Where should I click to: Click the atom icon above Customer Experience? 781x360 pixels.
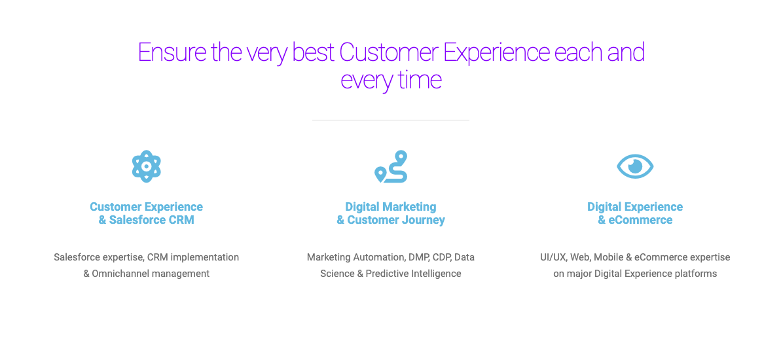click(147, 166)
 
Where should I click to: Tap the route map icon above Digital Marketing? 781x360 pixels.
click(391, 167)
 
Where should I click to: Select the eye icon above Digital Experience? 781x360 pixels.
click(635, 166)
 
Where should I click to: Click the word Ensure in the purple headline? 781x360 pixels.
click(170, 53)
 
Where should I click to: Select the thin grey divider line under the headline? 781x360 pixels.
click(390, 120)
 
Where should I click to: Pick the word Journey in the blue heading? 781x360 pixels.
click(424, 220)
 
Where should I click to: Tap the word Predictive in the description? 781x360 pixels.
click(388, 274)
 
